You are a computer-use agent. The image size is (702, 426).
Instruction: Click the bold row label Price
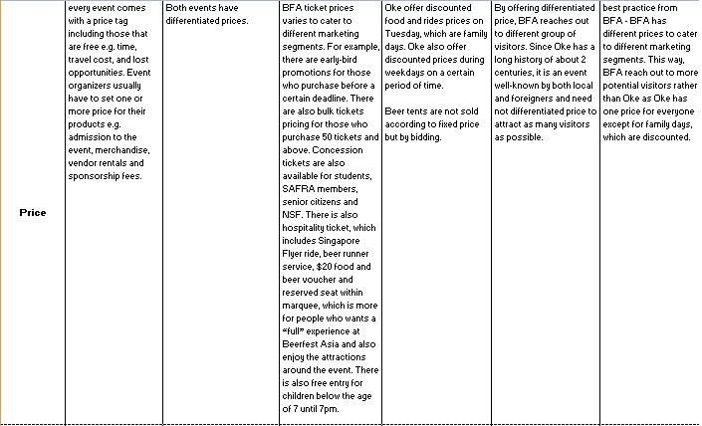click(x=33, y=213)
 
